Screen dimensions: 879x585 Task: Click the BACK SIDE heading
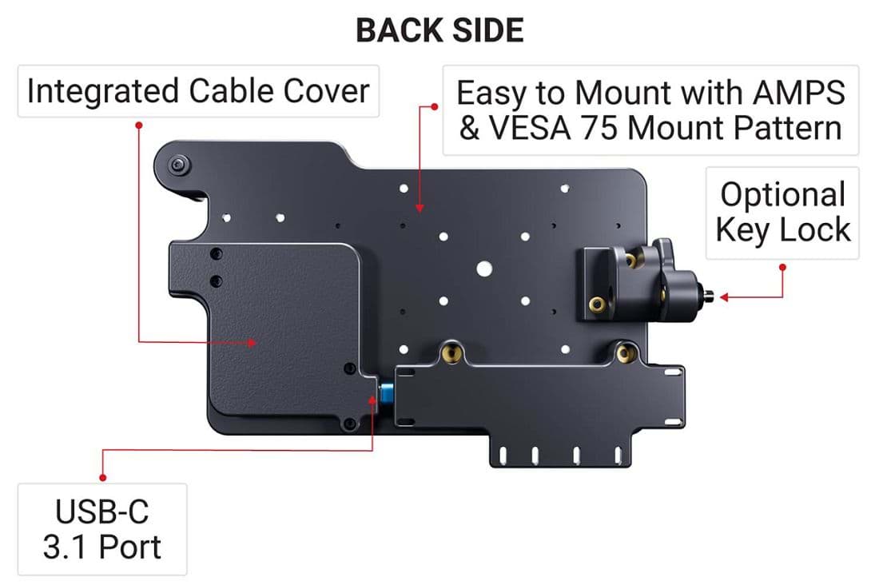[x=440, y=30]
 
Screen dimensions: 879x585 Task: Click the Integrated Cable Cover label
[x=198, y=91]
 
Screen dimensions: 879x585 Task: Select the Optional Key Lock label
[x=783, y=213]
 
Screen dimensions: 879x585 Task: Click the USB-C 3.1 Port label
[x=102, y=529]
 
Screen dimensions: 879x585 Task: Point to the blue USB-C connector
[x=386, y=392]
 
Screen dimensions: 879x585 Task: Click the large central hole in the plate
[x=484, y=269]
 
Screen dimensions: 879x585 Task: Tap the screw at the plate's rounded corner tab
[x=178, y=165]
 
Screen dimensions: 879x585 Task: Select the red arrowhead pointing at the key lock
[x=724, y=296]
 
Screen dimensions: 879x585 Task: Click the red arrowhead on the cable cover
[x=253, y=342]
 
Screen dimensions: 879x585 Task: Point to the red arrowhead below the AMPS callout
[x=420, y=208]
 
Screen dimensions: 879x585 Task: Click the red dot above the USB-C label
[x=102, y=478]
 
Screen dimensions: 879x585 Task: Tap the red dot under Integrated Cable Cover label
[x=138, y=125]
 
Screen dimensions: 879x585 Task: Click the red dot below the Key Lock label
[x=782, y=268]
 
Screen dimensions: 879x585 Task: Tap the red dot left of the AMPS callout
[x=435, y=106]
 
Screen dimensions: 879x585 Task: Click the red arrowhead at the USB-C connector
[x=372, y=400]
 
